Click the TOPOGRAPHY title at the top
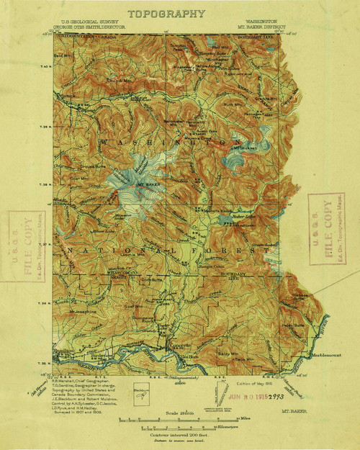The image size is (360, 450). tap(166, 14)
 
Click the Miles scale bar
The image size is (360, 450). tap(173, 418)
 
